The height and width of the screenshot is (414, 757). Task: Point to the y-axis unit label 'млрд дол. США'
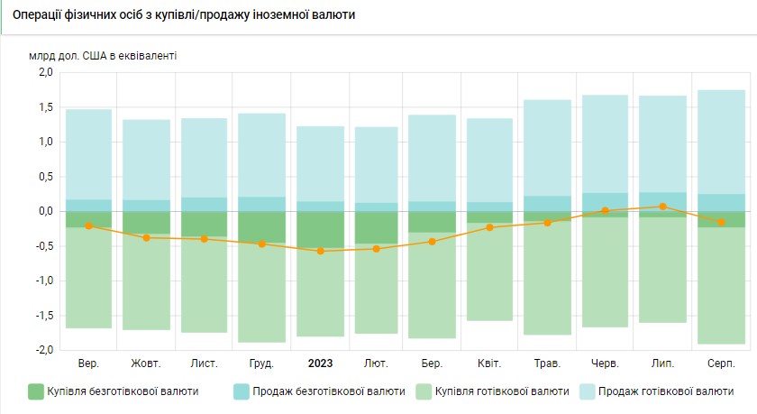pos(103,55)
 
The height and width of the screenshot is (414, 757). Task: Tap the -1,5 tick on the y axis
pos(42,316)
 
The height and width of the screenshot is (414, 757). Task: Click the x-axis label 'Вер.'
pos(88,363)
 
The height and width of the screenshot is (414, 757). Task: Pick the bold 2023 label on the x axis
pos(320,363)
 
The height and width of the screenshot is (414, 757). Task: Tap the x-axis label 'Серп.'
pos(720,363)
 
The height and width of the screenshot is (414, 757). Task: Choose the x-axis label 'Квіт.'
pos(489,363)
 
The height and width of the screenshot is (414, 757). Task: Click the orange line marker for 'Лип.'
pos(662,207)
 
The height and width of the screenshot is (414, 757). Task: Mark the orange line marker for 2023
pos(320,251)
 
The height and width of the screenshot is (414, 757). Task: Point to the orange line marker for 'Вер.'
pos(88,225)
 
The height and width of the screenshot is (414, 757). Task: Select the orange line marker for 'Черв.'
pos(605,210)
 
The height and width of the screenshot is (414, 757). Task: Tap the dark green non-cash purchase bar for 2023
pos(320,230)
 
